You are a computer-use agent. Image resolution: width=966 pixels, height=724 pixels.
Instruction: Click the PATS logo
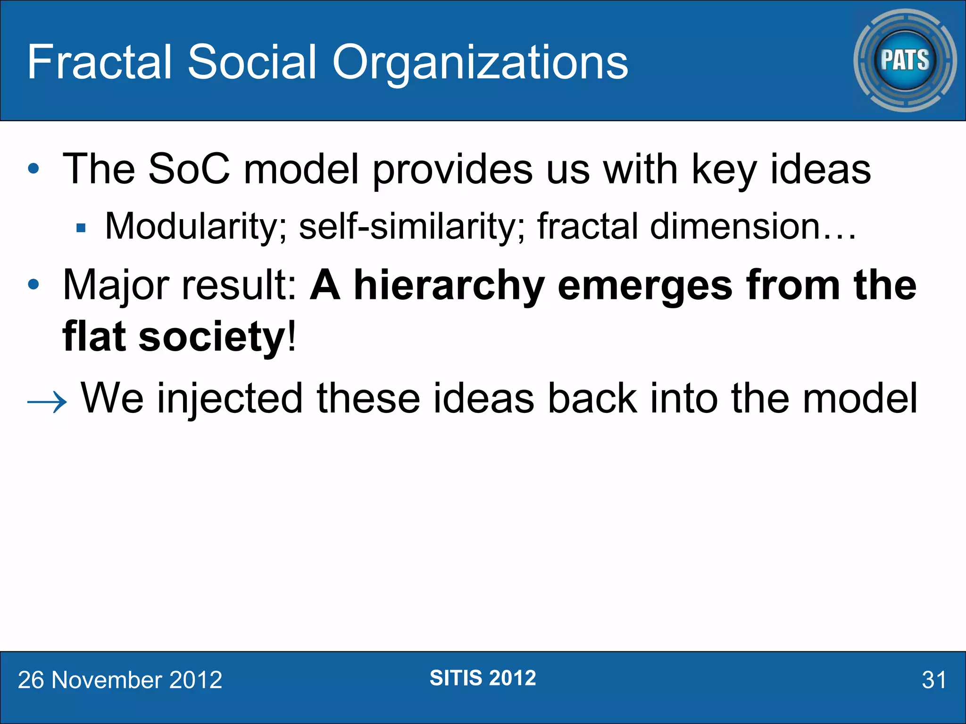(x=905, y=60)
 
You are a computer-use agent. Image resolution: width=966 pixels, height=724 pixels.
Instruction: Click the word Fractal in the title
(x=100, y=62)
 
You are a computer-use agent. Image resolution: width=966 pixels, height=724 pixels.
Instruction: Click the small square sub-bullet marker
(x=81, y=229)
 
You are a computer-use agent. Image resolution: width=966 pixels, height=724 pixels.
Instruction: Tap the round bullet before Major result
(x=33, y=285)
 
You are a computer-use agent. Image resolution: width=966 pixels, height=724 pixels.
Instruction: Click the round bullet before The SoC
(x=33, y=169)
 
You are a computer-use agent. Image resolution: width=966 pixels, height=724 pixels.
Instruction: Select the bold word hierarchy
(x=449, y=286)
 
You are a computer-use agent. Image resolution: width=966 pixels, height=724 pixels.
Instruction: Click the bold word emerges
(x=645, y=286)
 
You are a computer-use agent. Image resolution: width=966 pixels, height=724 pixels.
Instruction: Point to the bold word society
(x=212, y=337)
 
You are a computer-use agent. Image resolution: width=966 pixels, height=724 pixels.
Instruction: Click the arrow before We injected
(x=47, y=402)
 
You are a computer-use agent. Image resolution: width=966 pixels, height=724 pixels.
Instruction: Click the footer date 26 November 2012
(x=120, y=680)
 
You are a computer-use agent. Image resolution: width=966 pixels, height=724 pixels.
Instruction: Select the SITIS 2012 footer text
(x=483, y=678)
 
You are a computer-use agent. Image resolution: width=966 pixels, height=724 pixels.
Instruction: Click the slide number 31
(x=933, y=680)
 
